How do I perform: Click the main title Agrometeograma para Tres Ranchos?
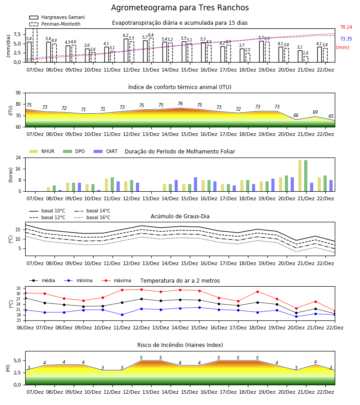[180, 8]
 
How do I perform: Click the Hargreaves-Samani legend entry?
[57, 17]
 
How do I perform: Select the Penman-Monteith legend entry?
[55, 24]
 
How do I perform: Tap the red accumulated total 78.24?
[346, 27]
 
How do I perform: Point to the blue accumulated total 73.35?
[346, 39]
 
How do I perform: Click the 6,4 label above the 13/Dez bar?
[151, 35]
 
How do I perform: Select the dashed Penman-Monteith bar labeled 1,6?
[306, 59]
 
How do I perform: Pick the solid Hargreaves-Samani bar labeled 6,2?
[126, 50]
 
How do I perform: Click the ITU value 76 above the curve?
[180, 103]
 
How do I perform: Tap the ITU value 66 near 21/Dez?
[296, 115]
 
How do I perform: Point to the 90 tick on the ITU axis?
[18, 93]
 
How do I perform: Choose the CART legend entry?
[105, 151]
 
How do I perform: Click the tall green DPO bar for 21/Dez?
[306, 175]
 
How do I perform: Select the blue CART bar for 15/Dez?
[195, 184]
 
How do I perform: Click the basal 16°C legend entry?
[92, 217]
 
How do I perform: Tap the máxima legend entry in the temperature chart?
[116, 280]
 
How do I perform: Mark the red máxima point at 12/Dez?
[141, 289]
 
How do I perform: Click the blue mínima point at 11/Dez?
[122, 315]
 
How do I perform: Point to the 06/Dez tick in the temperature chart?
[25, 328]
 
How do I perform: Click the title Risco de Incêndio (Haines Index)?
[180, 345]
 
